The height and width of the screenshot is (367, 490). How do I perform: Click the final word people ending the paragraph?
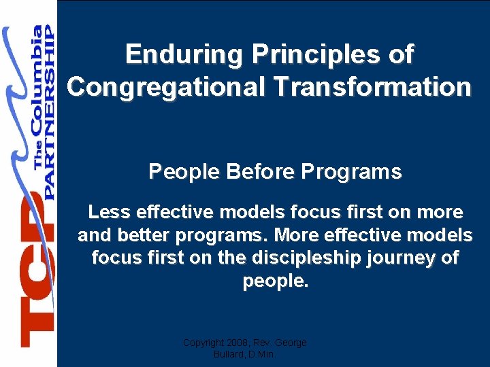point(275,281)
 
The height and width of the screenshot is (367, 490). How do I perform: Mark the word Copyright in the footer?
point(203,343)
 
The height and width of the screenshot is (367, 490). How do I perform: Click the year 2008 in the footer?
point(237,343)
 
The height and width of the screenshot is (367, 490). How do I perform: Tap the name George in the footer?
point(290,343)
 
